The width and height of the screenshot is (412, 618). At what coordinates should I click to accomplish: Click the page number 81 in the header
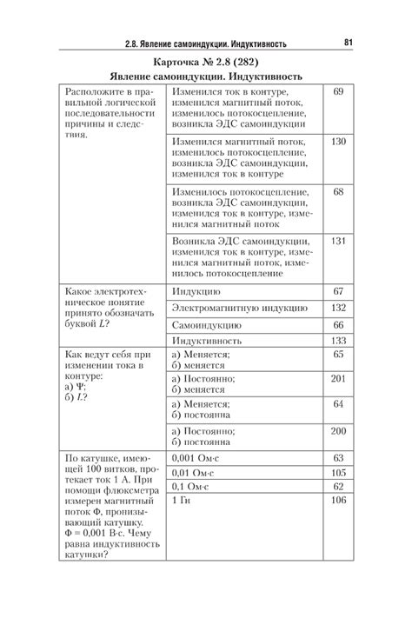[348, 41]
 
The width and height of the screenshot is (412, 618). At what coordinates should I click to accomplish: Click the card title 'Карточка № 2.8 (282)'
[205, 63]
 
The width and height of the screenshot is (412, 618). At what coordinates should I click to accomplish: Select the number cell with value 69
[338, 91]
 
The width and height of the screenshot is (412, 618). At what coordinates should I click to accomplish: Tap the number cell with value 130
[338, 141]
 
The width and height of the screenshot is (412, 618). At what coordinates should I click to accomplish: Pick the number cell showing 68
[338, 191]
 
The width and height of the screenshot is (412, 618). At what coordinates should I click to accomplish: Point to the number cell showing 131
[338, 241]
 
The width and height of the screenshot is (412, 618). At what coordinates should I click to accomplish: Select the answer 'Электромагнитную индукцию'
[239, 308]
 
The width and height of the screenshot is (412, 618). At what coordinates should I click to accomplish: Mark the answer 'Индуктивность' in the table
[209, 341]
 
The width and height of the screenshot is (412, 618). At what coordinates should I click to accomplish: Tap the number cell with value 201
[338, 379]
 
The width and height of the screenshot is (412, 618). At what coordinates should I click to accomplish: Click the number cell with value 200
[338, 431]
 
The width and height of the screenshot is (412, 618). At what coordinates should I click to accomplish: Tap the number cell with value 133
[338, 341]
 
